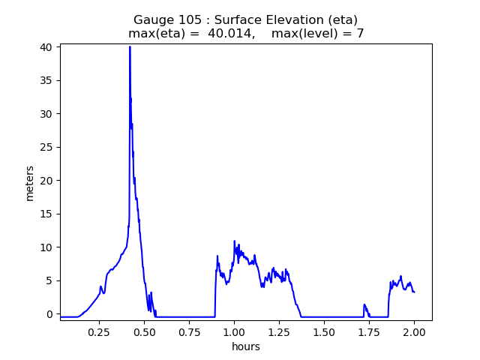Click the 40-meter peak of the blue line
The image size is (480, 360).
[130, 46]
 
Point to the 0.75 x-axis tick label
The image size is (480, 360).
[189, 332]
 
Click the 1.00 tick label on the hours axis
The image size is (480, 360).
[234, 332]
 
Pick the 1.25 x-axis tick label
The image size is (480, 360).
[279, 332]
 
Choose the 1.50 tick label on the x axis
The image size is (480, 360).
[324, 332]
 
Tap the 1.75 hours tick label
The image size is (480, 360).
[369, 332]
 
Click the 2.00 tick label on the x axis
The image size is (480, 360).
[414, 332]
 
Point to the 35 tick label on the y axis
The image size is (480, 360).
[47, 80]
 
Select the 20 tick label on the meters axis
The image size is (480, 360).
[47, 180]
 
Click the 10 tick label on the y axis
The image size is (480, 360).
[47, 247]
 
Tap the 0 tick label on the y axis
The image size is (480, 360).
[50, 313]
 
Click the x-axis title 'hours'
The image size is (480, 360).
[246, 346]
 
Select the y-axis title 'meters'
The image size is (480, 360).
[30, 183]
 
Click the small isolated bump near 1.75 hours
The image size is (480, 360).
[364, 304]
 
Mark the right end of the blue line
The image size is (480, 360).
[414, 292]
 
